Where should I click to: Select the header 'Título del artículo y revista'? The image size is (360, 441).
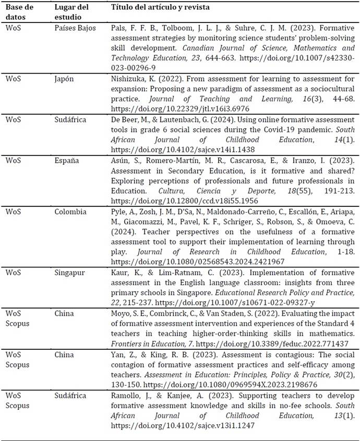click(x=165, y=8)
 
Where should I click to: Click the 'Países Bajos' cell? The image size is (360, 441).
click(x=75, y=28)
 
